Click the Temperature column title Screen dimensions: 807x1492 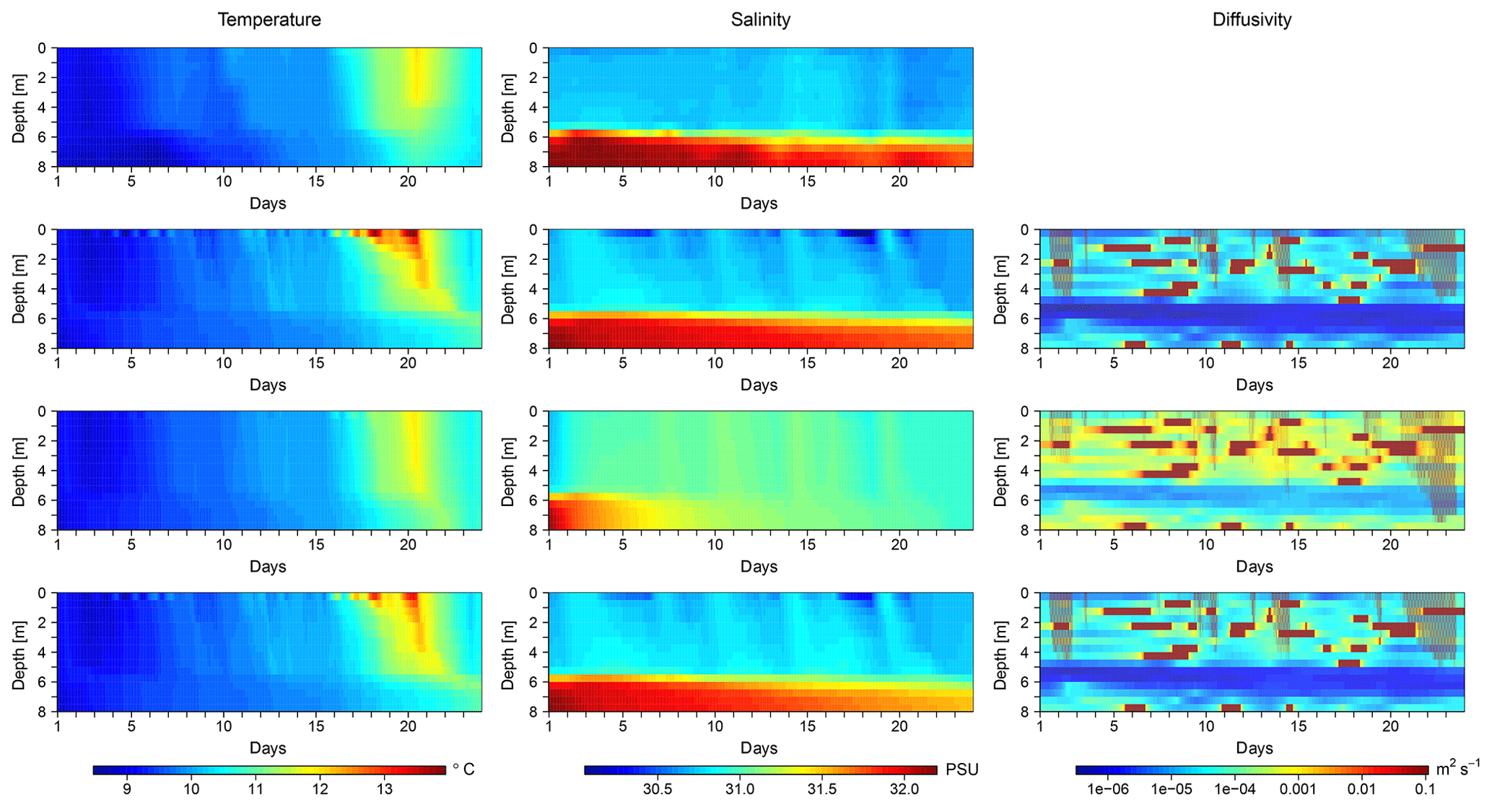[x=269, y=19]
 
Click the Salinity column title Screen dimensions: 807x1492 [x=760, y=19]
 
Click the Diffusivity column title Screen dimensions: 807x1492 [x=1252, y=19]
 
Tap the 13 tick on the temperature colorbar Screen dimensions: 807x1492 [x=385, y=789]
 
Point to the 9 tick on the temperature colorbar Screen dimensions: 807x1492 [x=127, y=789]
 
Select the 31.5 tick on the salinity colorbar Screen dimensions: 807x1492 [x=822, y=789]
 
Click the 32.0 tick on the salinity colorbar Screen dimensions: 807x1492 [x=904, y=789]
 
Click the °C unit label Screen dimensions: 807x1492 [x=463, y=769]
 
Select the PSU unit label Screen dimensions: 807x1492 [x=961, y=769]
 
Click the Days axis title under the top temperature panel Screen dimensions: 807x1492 [x=268, y=204]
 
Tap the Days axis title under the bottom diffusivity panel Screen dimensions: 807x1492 [x=1254, y=748]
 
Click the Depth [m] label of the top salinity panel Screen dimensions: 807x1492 [x=508, y=108]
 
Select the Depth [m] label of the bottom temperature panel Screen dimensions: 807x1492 [x=18, y=653]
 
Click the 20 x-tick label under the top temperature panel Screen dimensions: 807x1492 [x=408, y=182]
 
